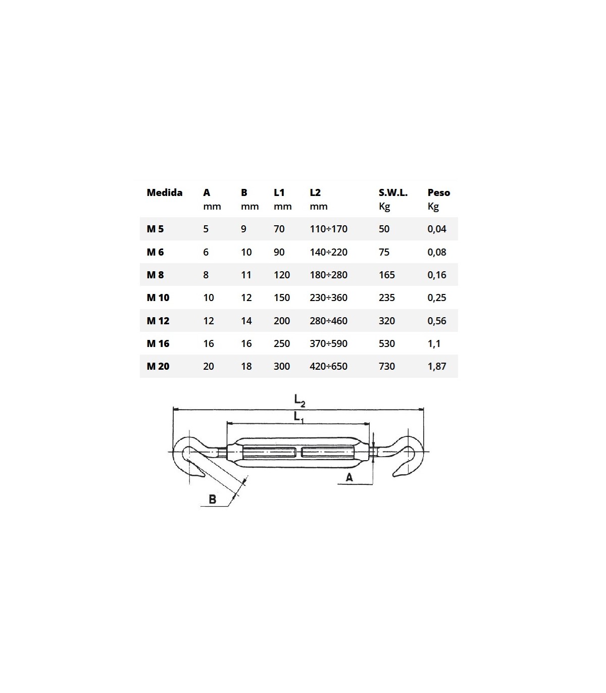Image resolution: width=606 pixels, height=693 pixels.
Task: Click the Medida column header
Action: point(165,192)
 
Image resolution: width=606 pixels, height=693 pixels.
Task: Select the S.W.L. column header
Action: point(393,192)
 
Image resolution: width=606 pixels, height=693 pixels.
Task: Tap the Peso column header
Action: point(439,192)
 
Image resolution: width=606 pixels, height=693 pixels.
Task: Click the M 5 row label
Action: point(155,229)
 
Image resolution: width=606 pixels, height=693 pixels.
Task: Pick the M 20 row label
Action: point(158,366)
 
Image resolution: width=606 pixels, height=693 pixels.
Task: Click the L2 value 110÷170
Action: point(328,229)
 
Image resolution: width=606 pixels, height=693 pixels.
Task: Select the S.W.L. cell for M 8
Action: point(387,275)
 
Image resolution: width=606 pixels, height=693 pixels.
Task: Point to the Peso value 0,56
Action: point(437,321)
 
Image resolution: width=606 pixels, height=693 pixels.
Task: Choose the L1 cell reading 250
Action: point(282,343)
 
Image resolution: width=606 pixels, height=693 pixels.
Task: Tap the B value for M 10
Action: point(246,298)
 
